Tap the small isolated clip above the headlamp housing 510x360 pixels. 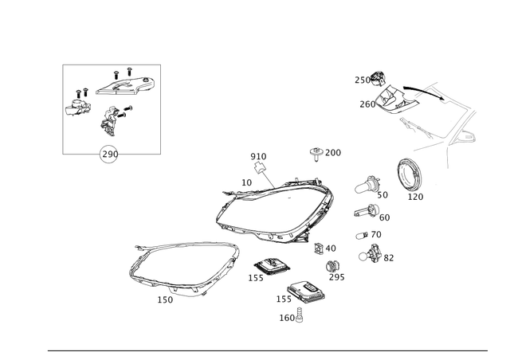click(x=317, y=151)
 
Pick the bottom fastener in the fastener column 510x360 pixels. click(x=371, y=256)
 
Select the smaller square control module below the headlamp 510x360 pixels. click(x=267, y=267)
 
